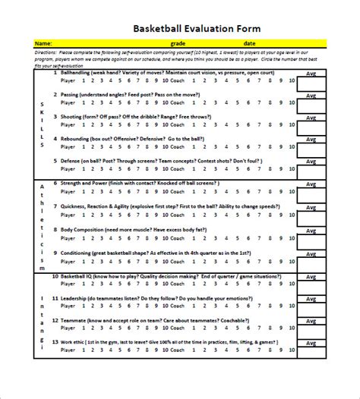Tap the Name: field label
point(43,43)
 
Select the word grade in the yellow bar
point(178,43)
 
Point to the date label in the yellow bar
point(250,43)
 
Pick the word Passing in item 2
point(74,95)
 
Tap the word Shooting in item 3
point(75,118)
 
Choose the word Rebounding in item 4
point(79,140)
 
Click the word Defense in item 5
point(74,162)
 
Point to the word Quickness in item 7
point(77,206)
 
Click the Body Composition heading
point(87,228)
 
